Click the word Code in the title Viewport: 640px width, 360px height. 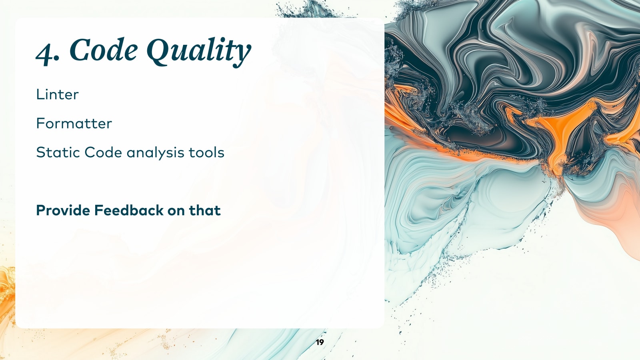coord(104,50)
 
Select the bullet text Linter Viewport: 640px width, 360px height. coord(57,94)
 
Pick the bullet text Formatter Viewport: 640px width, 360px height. coord(74,124)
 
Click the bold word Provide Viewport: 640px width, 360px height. coord(63,210)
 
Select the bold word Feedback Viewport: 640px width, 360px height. coord(129,210)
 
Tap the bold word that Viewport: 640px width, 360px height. coord(204,210)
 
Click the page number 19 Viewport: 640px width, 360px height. coord(320,342)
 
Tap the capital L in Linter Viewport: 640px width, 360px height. coord(39,94)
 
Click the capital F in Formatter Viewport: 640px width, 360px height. coord(40,124)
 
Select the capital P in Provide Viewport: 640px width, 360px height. coord(40,210)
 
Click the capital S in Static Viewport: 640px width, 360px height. coord(40,152)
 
